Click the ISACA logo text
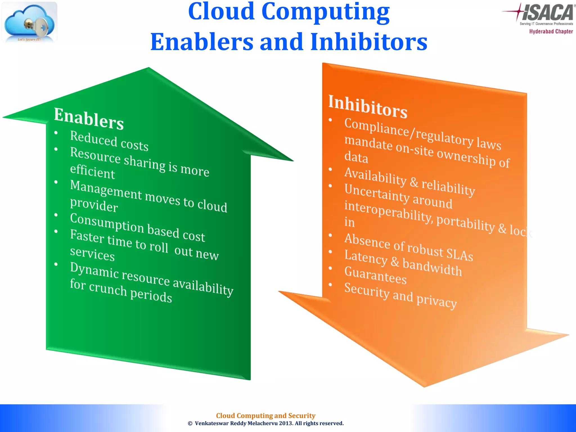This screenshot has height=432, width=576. point(547,13)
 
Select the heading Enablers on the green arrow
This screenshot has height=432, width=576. point(89,118)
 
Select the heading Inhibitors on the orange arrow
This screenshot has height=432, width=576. point(368,106)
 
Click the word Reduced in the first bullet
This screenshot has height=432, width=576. point(94,138)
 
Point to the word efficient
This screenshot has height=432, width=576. point(93,171)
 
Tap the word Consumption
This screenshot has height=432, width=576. point(107,223)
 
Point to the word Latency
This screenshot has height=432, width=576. point(366,257)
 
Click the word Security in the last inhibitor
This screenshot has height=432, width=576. point(367,291)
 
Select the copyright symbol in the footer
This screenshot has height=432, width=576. point(190,424)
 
